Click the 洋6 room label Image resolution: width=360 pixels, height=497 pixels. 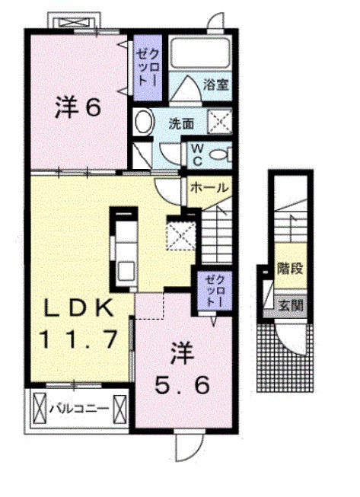(78, 107)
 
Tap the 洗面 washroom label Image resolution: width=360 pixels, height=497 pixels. (180, 122)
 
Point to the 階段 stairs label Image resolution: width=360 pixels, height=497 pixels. (287, 268)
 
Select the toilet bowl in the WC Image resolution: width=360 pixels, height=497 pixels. (220, 155)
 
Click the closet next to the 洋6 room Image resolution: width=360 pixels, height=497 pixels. (145, 66)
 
